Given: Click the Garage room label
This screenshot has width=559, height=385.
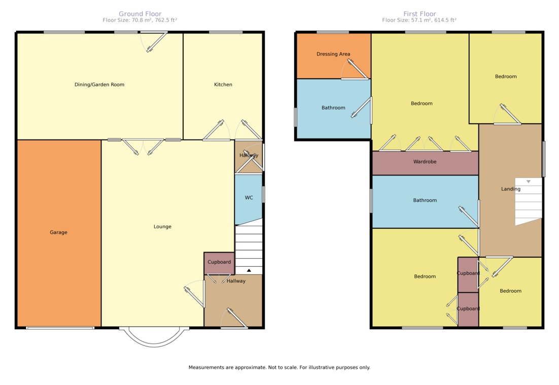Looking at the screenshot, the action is coord(58,232).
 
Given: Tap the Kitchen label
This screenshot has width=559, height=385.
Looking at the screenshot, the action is coord(223,85).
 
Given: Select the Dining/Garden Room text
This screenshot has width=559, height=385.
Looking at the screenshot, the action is coord(99,85).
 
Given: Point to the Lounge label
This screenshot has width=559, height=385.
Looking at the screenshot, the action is coord(162,227).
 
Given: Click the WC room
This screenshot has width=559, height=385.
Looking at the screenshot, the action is coord(249,197).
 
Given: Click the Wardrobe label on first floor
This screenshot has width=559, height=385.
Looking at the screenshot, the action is coord(425,161).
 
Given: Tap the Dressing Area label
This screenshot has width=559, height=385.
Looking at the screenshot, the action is coord(333,54).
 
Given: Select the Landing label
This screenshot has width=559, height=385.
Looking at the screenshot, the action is coord(511,189).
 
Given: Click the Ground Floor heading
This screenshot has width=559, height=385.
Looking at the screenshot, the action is coord(140,14).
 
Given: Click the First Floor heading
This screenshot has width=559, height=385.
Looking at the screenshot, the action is coord(420,14).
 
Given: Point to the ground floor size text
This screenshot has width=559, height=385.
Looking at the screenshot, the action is coord(140,20).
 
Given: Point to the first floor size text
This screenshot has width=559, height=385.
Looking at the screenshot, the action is coord(419,20).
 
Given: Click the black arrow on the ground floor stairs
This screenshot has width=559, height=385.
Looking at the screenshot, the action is coord(249,270).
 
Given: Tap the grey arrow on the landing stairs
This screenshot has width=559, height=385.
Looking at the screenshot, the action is coord(529,182).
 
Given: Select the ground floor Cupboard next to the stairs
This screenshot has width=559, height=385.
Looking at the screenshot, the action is coord(219,262).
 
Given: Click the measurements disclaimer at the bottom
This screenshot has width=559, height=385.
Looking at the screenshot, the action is coord(279,368).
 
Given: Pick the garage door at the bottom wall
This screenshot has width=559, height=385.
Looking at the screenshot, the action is coord(60,328).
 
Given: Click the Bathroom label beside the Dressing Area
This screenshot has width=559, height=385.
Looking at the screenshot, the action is coord(333,108).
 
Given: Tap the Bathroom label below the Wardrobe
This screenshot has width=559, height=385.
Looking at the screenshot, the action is coord(425,200).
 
